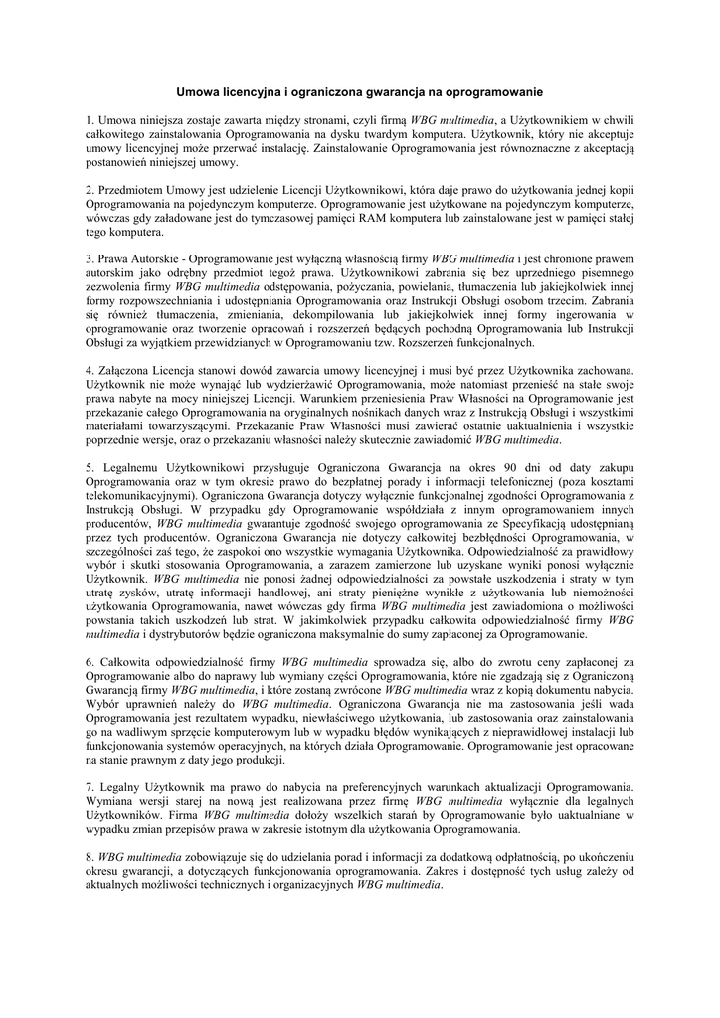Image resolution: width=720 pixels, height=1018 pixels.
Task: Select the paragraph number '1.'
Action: tap(90, 120)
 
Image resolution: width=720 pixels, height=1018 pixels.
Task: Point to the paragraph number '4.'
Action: tap(90, 370)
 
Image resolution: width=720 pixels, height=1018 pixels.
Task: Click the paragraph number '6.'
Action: tap(90, 661)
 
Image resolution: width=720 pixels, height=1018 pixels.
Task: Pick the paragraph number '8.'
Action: tap(90, 856)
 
